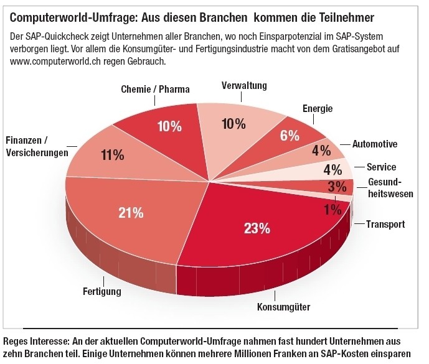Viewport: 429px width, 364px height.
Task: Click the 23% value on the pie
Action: click(x=257, y=228)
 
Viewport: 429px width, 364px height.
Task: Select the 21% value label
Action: click(x=131, y=212)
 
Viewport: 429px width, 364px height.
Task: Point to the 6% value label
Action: click(x=290, y=136)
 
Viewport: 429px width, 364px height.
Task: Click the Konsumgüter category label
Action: click(x=283, y=306)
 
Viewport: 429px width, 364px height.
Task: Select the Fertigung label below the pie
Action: click(x=102, y=291)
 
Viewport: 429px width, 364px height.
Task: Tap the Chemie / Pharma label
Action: click(x=155, y=90)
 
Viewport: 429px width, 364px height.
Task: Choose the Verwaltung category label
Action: click(x=244, y=85)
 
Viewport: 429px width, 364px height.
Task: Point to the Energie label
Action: click(x=318, y=109)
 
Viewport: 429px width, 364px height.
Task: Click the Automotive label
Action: click(x=375, y=144)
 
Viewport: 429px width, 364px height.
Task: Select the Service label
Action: click(x=381, y=167)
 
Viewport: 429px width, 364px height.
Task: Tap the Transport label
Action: click(x=385, y=224)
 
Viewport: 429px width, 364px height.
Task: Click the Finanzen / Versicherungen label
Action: click(x=36, y=146)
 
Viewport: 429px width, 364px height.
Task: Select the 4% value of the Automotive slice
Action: click(x=321, y=151)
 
